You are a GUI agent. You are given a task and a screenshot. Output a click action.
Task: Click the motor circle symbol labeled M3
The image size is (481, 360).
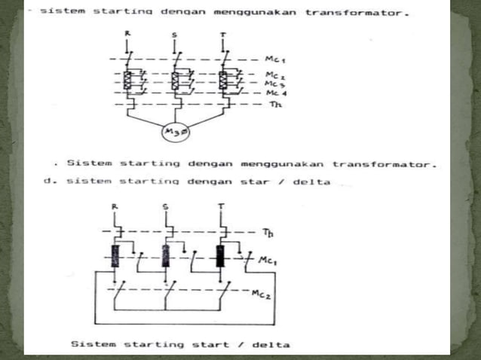[x=175, y=134]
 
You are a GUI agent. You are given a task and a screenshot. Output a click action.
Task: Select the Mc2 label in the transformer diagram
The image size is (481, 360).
[x=276, y=75]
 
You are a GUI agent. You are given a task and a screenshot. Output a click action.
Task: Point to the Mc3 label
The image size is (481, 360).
[x=276, y=84]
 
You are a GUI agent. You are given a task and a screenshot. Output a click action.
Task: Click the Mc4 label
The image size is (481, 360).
[x=276, y=93]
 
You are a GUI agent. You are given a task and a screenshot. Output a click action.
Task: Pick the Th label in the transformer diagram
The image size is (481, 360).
[x=274, y=105]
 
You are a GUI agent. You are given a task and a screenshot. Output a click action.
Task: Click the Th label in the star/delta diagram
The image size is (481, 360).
[x=268, y=233]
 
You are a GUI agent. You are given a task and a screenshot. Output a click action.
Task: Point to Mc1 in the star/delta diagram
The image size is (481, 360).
[x=266, y=260]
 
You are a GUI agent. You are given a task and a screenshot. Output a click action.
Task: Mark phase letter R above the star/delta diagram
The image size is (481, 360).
[x=115, y=205]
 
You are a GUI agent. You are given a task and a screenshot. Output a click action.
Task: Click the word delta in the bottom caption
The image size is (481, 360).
[x=272, y=345]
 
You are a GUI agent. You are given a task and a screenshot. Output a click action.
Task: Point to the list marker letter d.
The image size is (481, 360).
[x=47, y=181]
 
